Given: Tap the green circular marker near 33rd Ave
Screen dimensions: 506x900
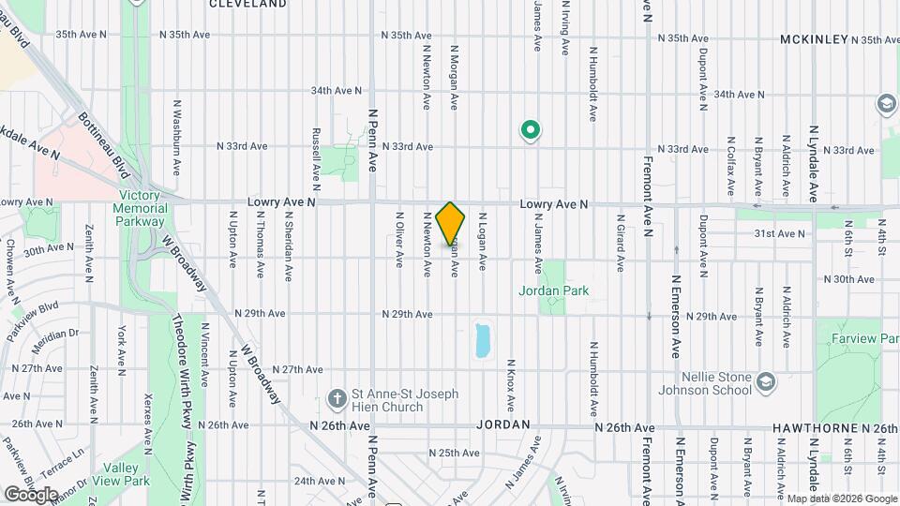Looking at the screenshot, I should coord(530,131).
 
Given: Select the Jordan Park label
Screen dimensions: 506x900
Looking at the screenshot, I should coord(554,290).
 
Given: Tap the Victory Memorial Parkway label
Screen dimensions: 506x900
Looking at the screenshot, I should coord(141,209).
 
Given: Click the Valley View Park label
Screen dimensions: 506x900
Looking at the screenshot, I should coord(127,474).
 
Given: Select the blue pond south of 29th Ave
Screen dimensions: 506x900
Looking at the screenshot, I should coord(483,340).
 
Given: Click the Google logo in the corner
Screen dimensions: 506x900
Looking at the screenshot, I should coord(31,494).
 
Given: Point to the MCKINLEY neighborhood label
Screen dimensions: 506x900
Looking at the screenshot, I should coord(814,39).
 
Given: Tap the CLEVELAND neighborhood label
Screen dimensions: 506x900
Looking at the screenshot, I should coord(247,5).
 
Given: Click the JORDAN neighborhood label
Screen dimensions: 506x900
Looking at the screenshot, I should coord(503,424).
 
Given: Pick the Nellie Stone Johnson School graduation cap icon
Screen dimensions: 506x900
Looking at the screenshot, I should coord(766,380).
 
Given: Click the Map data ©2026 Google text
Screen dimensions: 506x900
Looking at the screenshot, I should coord(842,499).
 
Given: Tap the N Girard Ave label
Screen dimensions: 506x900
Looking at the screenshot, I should coord(620,242).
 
